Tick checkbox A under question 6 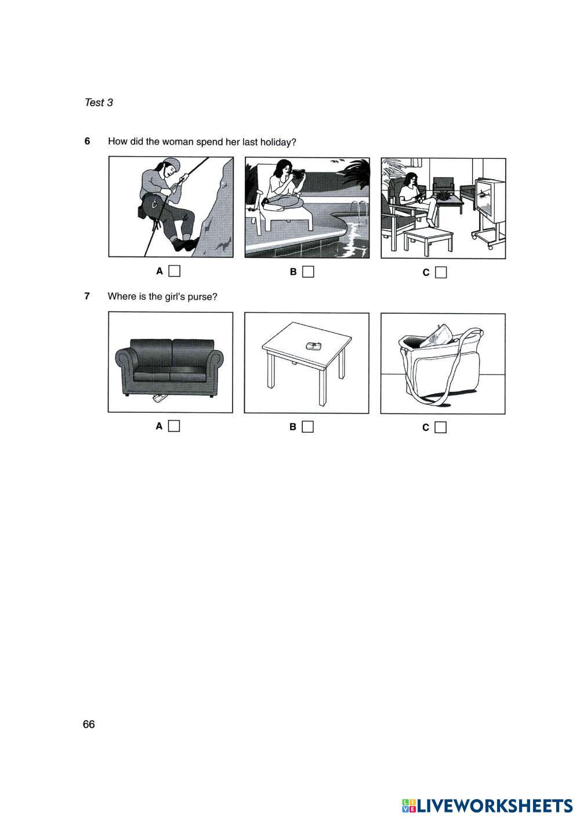tap(175, 271)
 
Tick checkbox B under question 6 tap(309, 272)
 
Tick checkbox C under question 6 tap(441, 273)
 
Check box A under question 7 tap(175, 426)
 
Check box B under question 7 tap(308, 427)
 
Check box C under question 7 tap(441, 427)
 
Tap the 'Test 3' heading tap(99, 103)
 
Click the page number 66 tap(89, 724)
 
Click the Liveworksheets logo tap(487, 806)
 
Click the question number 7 tap(87, 296)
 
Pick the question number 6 tap(87, 141)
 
